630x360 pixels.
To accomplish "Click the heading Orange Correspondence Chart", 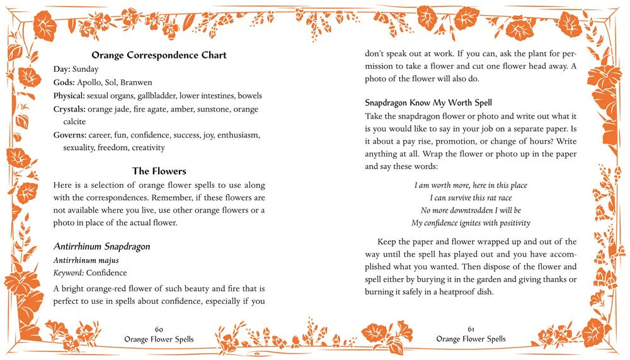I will (x=159, y=55).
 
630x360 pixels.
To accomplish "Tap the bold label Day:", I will (x=62, y=69).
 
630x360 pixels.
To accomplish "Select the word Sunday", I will (x=86, y=69).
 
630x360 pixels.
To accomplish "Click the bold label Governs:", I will (x=70, y=135).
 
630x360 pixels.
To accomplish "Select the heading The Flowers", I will (x=159, y=171).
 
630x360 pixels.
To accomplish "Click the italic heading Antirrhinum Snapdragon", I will (x=101, y=246).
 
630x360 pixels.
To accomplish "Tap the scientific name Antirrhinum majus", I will (x=86, y=260).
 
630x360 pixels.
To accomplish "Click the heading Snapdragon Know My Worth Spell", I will (x=428, y=102).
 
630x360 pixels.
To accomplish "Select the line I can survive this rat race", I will (x=471, y=197).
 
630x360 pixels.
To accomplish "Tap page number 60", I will (x=159, y=329).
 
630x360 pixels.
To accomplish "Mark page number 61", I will (x=471, y=329).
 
